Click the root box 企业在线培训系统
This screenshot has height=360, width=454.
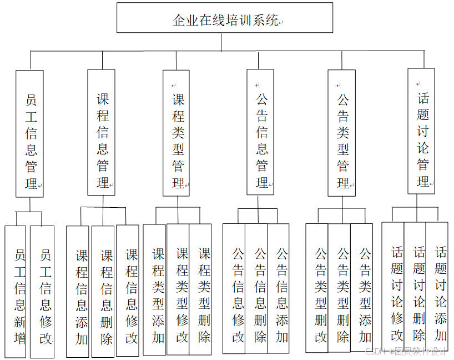coord(224,18)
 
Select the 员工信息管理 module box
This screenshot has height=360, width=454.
coord(30,133)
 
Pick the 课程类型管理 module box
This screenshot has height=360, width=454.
coord(176,133)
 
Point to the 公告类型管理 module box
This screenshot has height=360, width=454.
coord(342,133)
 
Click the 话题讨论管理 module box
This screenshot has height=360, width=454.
coord(421,132)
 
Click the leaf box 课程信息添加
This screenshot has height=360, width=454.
coord(78,292)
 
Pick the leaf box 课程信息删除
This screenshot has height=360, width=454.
coord(103,292)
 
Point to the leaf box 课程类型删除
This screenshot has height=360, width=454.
coord(200,289)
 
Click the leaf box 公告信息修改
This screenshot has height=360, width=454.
coord(234,289)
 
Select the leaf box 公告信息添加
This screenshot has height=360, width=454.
coord(278,289)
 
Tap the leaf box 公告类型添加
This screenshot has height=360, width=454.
coord(362,289)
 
